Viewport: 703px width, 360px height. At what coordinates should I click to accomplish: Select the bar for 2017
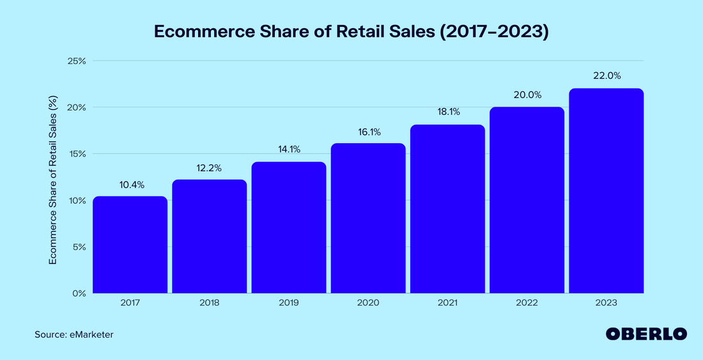pyautogui.click(x=130, y=245)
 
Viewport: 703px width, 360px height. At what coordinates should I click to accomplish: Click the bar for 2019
pyautogui.click(x=289, y=228)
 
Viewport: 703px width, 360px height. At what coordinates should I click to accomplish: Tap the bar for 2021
pyautogui.click(x=447, y=209)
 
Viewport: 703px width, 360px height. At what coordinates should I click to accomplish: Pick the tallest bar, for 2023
pyautogui.click(x=606, y=191)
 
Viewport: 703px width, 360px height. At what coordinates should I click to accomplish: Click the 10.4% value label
pyautogui.click(x=132, y=185)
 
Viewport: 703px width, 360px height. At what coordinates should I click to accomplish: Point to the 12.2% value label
pyautogui.click(x=210, y=168)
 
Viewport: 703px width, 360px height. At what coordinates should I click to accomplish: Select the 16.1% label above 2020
pyautogui.click(x=368, y=132)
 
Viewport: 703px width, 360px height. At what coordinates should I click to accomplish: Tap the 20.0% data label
pyautogui.click(x=527, y=95)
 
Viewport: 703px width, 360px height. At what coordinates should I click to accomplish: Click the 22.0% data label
pyautogui.click(x=606, y=75)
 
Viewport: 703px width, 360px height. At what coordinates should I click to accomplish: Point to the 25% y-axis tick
pyautogui.click(x=77, y=61)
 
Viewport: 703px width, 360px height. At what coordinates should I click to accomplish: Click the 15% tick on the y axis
pyautogui.click(x=77, y=154)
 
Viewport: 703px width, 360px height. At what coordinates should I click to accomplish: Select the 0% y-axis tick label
pyautogui.click(x=79, y=293)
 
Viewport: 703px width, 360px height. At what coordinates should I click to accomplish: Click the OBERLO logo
pyautogui.click(x=646, y=334)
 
